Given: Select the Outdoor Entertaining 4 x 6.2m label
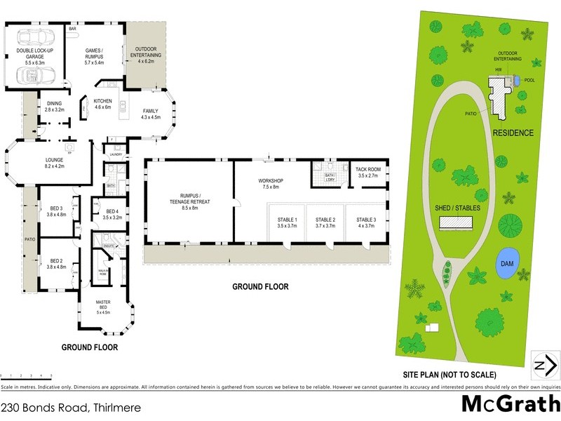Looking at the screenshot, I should coord(146,58).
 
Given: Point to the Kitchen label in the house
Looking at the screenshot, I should coord(103,104).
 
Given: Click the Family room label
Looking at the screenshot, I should coord(151,114).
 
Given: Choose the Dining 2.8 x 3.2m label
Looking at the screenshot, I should coord(54,106).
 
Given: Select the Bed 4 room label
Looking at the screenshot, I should coord(113,215).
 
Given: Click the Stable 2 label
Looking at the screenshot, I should coord(325,222).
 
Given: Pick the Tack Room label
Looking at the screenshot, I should coord(367,173).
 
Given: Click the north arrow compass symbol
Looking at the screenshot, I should coord(546,365).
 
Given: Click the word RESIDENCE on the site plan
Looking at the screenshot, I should coord(513,133).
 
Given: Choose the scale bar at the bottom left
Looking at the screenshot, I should coord(27,378).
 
